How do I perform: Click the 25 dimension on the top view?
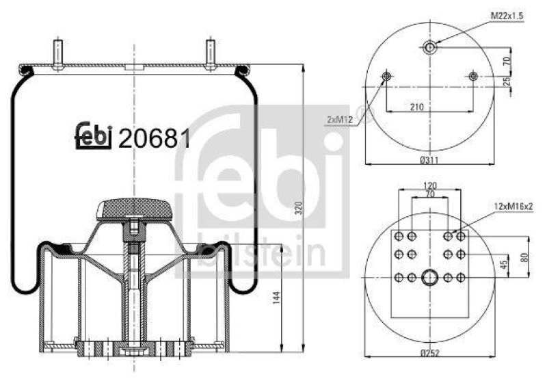507,82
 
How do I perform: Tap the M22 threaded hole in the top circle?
430,47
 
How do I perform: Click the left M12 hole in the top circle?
386,77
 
